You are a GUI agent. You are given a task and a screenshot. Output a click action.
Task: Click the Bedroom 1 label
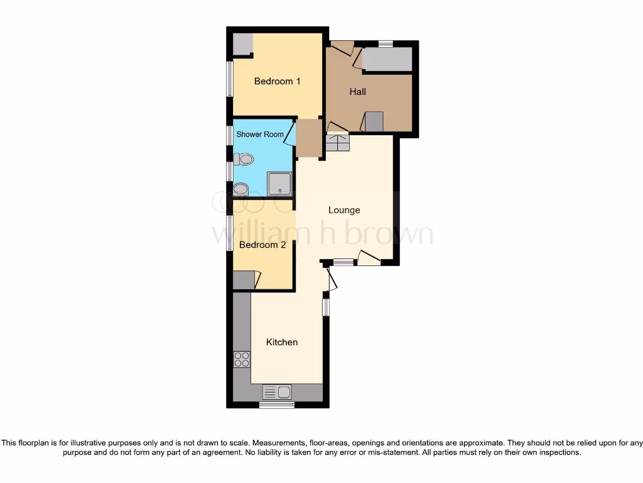point(277,81)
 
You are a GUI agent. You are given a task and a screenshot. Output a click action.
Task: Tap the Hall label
point(358,92)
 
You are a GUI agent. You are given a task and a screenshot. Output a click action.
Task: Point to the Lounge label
point(344,210)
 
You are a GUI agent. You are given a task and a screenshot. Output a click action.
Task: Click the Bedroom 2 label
point(262,245)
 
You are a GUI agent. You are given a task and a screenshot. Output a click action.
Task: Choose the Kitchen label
point(282,342)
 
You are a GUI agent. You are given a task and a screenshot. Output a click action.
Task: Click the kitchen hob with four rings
point(242,360)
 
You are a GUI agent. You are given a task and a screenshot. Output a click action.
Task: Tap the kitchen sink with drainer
point(276,392)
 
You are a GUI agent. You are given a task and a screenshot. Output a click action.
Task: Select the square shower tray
point(279,184)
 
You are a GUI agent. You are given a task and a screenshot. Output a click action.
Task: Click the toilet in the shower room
point(243,160)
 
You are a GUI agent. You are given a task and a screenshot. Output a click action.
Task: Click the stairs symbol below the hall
point(337,143)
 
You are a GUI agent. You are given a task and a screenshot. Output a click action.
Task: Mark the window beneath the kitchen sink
point(277,405)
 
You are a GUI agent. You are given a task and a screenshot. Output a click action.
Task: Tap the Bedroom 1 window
point(230,79)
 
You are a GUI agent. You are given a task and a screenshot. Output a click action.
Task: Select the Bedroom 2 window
point(230,234)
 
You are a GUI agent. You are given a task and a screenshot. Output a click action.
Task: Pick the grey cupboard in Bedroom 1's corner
point(242,44)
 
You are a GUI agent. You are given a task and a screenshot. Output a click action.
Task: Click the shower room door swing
point(289,133)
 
